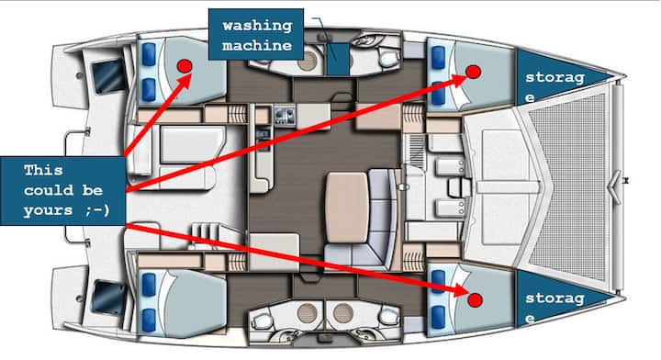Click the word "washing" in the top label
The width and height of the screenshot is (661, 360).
(257, 26)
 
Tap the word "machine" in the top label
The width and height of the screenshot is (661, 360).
(257, 45)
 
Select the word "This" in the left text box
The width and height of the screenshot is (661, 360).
(43, 170)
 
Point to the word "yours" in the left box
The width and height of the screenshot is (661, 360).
(48, 210)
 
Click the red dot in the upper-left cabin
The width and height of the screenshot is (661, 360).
(185, 66)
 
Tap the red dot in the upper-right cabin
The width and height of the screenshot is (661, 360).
(474, 72)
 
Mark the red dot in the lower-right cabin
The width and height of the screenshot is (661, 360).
(476, 299)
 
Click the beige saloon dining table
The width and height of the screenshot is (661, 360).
(347, 207)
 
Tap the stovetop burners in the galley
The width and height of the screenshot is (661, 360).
(285, 115)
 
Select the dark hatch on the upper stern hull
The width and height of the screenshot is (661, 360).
(108, 76)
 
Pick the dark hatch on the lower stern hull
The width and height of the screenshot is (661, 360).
(108, 298)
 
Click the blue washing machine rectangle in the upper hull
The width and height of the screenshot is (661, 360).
(338, 59)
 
